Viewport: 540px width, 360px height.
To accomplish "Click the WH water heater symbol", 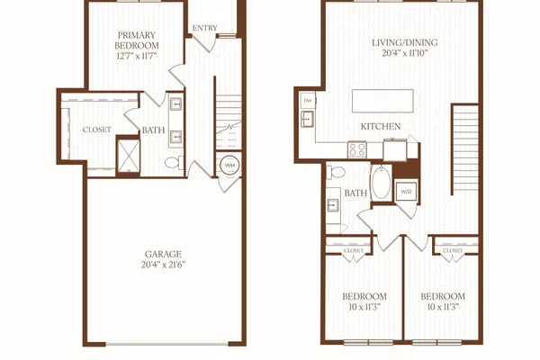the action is click(229, 166).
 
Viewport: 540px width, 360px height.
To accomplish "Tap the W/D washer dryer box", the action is click(406, 191).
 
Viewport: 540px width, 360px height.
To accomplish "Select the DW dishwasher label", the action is click(308, 101).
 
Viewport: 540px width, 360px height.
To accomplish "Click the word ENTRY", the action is click(204, 28).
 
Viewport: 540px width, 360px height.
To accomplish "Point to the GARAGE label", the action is click(163, 254).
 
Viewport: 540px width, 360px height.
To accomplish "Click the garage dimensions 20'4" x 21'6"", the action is click(163, 265).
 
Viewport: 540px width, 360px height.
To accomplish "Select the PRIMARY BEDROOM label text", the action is click(137, 40).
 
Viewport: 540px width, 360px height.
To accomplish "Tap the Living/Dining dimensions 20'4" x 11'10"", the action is click(405, 53).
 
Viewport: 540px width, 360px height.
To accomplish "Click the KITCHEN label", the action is click(381, 126).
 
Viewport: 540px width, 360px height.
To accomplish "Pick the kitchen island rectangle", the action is click(382, 101).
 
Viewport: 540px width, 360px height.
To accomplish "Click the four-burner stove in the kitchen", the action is click(357, 150).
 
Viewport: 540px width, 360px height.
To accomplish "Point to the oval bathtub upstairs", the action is click(382, 183).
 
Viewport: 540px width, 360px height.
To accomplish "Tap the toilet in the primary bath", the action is click(174, 163).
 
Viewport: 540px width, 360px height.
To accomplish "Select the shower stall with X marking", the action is click(129, 156).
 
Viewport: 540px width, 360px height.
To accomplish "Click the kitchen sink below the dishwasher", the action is click(307, 119).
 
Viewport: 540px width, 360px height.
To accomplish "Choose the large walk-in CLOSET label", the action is click(97, 130).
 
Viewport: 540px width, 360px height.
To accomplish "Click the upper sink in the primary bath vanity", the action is click(176, 103).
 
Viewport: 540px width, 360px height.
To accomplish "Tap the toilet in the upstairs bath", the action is click(336, 172).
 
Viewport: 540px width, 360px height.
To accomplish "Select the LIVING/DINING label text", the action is click(405, 42).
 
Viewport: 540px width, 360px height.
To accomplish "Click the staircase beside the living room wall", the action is click(465, 148).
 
